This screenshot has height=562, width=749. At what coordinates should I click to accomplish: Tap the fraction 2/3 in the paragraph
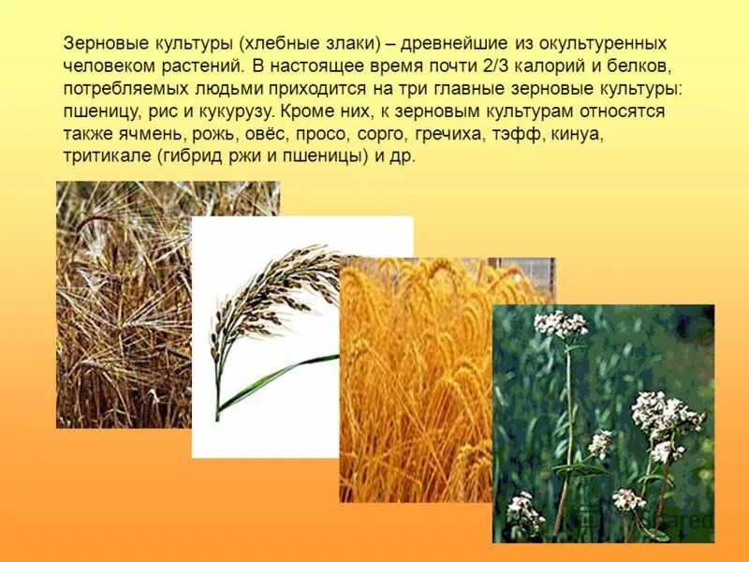[x=489, y=67]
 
